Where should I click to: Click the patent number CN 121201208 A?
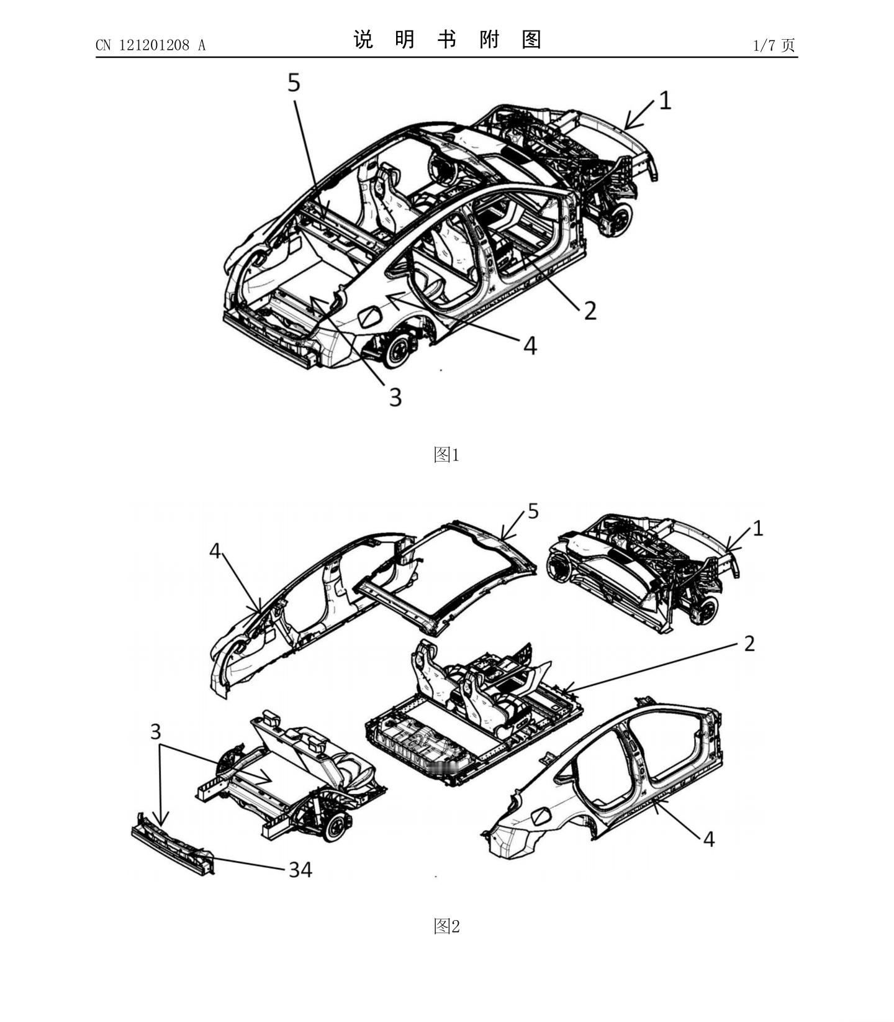150,45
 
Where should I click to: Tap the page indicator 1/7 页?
774,45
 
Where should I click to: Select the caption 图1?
446,455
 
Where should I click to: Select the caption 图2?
446,926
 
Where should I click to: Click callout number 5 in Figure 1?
294,83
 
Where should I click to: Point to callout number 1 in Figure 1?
665,101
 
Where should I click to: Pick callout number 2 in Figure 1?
590,310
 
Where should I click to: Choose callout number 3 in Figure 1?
395,397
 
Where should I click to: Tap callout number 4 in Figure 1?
530,345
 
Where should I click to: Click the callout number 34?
300,869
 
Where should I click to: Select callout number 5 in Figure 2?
533,511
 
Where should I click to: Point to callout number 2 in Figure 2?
749,644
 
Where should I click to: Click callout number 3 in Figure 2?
156,731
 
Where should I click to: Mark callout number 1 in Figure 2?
757,528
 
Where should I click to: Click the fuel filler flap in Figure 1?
370,316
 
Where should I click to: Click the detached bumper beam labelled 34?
173,844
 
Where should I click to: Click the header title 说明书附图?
447,40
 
